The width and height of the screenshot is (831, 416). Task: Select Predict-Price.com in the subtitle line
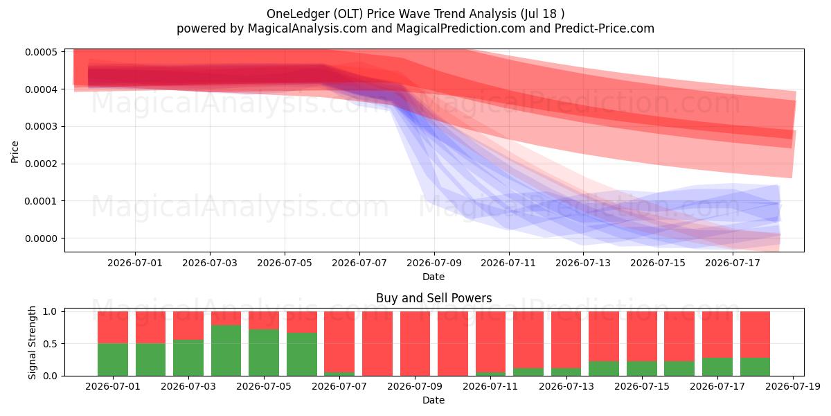pos(604,28)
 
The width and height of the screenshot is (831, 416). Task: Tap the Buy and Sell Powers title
pos(434,298)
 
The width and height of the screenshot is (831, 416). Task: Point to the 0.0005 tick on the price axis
pos(41,52)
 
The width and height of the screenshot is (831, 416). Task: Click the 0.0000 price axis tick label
pos(41,239)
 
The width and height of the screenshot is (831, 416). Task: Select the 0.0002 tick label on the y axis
pos(41,164)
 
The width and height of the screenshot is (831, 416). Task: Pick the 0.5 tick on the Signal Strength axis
pos(50,344)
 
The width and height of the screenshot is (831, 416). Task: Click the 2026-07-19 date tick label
pos(793,387)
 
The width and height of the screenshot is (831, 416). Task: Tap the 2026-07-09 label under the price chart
pos(434,263)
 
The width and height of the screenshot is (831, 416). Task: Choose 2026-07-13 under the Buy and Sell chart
pos(566,387)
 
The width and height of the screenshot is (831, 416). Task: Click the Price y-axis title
pos(15,152)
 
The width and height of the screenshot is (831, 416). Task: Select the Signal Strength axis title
pos(32,343)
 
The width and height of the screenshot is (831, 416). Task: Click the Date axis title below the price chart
pos(434,277)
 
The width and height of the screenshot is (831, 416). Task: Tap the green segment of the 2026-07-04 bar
pos(226,351)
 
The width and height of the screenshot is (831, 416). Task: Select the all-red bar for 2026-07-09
pos(415,344)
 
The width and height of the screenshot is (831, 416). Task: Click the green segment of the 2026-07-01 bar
pos(113,360)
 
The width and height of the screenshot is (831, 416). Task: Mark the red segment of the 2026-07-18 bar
pos(755,335)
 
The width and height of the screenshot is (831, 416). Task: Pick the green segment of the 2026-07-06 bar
pos(302,354)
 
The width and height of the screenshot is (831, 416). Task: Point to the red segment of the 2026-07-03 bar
pos(188,325)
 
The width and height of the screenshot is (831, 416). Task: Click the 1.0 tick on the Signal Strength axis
pos(50,311)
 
